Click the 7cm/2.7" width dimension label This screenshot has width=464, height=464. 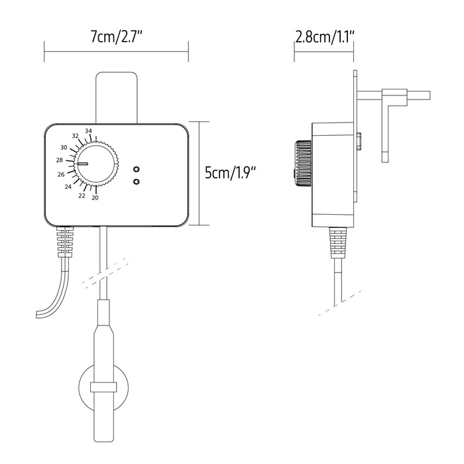tap(116, 36)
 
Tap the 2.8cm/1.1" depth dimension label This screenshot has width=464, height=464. tap(325, 37)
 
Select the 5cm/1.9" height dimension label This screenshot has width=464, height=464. tap(230, 172)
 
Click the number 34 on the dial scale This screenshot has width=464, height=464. tap(88, 131)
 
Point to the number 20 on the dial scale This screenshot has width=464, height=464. tap(95, 198)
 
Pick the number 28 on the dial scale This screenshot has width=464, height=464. tap(60, 160)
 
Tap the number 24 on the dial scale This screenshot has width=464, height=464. tap(68, 187)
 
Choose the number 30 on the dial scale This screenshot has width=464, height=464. tap(64, 147)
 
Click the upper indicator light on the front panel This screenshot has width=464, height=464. tap(136, 170)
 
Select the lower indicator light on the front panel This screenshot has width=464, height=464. tap(136, 182)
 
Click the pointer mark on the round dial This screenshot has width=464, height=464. tap(82, 163)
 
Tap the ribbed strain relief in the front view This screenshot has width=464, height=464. tap(65, 241)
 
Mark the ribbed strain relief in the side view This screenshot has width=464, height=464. tap(337, 243)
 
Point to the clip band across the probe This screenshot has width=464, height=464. tap(103, 387)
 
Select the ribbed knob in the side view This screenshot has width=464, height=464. tap(303, 163)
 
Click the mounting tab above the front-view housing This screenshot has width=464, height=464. tap(117, 97)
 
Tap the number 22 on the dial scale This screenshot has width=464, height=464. tap(82, 196)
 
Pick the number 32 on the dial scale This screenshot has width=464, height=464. tap(76, 136)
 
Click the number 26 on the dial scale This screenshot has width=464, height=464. tap(61, 174)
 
